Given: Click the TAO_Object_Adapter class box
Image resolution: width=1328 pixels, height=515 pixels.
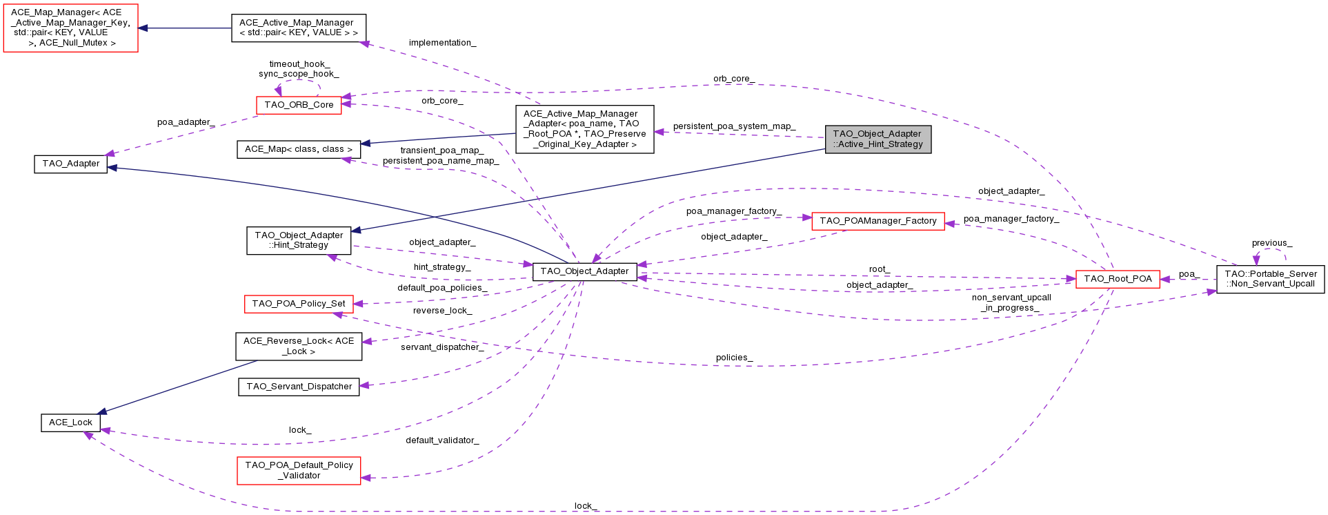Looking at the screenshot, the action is [x=584, y=271].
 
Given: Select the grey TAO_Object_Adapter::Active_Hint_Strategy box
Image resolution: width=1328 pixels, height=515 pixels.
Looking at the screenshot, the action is [x=878, y=139].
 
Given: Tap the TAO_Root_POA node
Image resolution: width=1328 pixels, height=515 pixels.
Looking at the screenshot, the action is [x=1118, y=279].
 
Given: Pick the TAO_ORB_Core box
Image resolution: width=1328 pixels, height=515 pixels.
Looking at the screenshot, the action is [x=299, y=105].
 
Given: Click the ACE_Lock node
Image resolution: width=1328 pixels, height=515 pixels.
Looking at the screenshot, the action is [x=70, y=422].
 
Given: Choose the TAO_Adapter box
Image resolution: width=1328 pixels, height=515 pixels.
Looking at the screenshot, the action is [x=71, y=164].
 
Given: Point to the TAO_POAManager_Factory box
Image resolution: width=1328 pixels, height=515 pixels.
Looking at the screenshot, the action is [x=878, y=221].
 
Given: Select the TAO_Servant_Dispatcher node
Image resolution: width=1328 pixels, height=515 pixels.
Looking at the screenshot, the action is [x=299, y=387].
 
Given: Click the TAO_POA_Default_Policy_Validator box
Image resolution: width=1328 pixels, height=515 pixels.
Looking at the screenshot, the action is [x=299, y=470].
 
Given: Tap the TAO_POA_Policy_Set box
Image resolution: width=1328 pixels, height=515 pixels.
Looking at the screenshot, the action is [x=299, y=304].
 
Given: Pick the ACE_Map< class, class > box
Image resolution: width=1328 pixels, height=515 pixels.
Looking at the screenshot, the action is [x=299, y=149].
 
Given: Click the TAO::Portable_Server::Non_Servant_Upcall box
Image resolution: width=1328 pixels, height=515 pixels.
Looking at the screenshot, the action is [x=1271, y=279].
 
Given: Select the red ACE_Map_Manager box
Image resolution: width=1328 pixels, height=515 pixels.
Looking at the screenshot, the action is [x=71, y=28].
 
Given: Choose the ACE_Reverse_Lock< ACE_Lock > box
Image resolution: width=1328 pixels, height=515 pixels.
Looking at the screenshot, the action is [x=299, y=346].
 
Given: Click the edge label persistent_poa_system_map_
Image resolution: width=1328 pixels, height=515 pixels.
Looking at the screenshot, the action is [x=734, y=126].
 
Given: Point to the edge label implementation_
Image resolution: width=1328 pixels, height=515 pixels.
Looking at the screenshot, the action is [x=442, y=43].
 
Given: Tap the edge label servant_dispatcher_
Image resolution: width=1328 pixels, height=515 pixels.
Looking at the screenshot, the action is [x=442, y=347].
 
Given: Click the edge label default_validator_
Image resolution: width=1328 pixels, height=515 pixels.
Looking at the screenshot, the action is [x=442, y=440].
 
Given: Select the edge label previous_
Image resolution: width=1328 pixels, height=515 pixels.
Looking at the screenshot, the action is [x=1272, y=243].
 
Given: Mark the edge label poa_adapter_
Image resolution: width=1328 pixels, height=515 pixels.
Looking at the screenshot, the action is [x=186, y=122].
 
